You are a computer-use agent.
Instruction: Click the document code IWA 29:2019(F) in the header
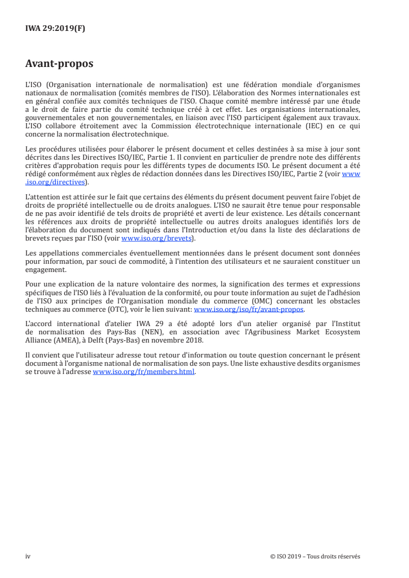tap(55, 29)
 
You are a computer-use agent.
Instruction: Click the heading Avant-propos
tap(59, 64)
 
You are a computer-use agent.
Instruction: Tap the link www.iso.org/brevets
tap(156, 239)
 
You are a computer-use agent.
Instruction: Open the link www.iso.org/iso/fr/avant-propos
tap(249, 310)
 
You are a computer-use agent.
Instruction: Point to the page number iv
tap(28, 556)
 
